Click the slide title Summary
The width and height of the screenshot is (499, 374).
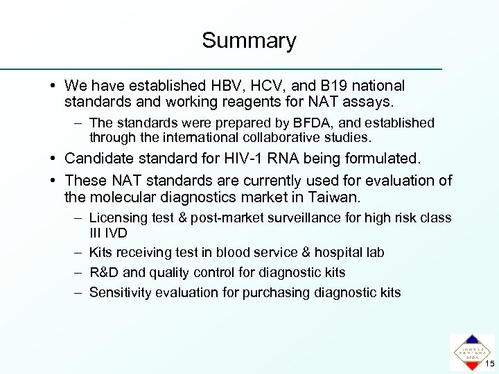[249, 40]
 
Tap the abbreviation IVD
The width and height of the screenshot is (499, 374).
[115, 232]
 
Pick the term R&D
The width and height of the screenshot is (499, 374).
[105, 273]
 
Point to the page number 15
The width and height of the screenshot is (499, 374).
[489, 364]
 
